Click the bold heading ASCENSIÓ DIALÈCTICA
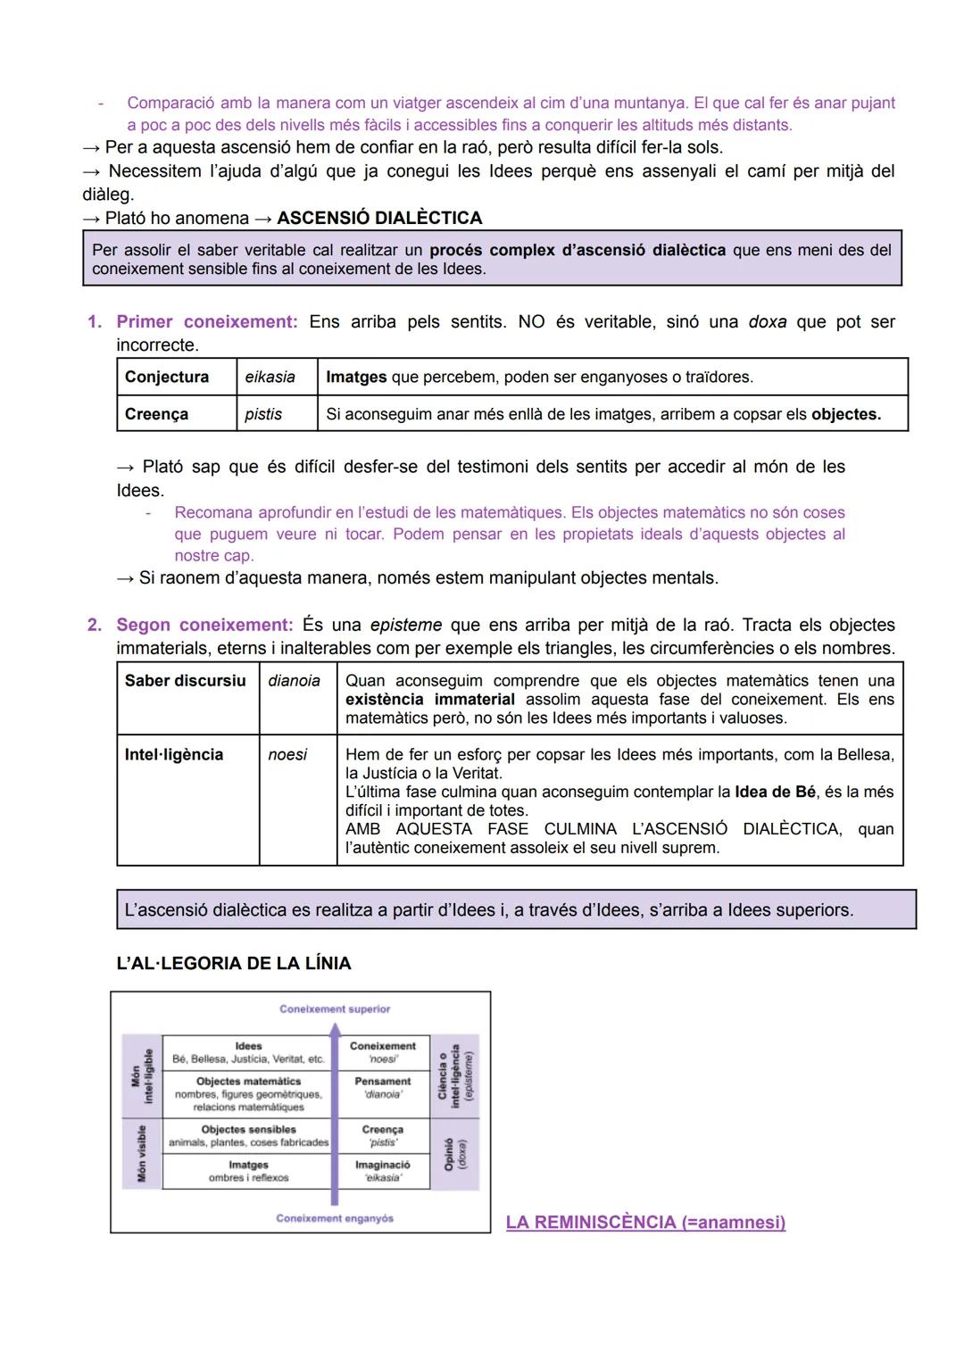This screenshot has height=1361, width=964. pos(379,218)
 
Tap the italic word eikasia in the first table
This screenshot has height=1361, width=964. pos(270,377)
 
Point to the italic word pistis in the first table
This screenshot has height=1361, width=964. pos(263,414)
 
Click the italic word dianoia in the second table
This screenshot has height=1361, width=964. pos(294,681)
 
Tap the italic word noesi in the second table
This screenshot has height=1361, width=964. pos(287,755)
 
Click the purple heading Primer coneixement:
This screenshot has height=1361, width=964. pos(207,322)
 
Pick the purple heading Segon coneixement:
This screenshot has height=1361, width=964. pos(204,625)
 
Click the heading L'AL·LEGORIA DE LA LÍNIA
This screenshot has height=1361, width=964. pos(234,964)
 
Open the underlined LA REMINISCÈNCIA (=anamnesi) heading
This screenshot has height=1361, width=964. pos(645,1222)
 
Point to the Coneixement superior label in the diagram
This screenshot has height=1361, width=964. pos(335,1009)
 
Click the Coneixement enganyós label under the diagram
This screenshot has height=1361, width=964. pos(335,1218)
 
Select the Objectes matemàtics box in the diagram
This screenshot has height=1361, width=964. pos(248,1093)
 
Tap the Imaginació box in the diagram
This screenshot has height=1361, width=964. pos(382,1171)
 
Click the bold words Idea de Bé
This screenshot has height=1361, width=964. pos(775,793)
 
